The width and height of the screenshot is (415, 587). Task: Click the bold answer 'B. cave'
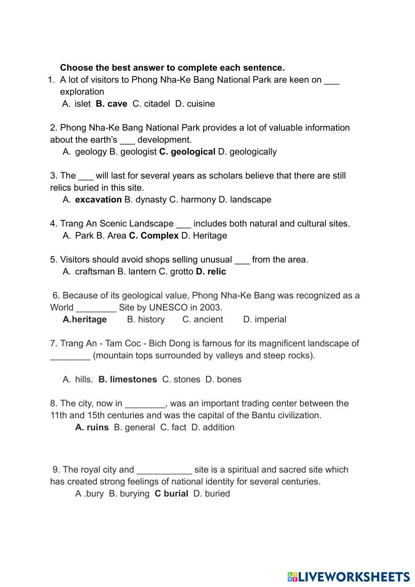(111, 104)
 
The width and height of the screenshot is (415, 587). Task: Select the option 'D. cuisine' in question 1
(195, 104)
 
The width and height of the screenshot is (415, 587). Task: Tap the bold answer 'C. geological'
(187, 152)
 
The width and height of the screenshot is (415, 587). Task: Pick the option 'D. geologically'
(247, 152)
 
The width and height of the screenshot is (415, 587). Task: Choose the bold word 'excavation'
(98, 200)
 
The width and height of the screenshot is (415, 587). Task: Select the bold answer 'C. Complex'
(154, 236)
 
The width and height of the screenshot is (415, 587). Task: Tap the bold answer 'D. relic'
(211, 272)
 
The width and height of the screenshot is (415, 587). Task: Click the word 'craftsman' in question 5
(95, 272)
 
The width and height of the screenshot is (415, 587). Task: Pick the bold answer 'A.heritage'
(85, 320)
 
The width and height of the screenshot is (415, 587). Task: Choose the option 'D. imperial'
(265, 320)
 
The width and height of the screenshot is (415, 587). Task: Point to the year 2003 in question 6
(211, 308)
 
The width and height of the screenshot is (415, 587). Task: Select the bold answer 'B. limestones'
(128, 380)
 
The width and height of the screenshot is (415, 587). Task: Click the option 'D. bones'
(223, 380)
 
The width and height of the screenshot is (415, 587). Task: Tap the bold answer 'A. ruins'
(92, 427)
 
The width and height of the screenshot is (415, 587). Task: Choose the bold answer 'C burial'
(171, 494)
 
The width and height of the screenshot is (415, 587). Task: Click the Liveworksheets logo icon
(292, 577)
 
